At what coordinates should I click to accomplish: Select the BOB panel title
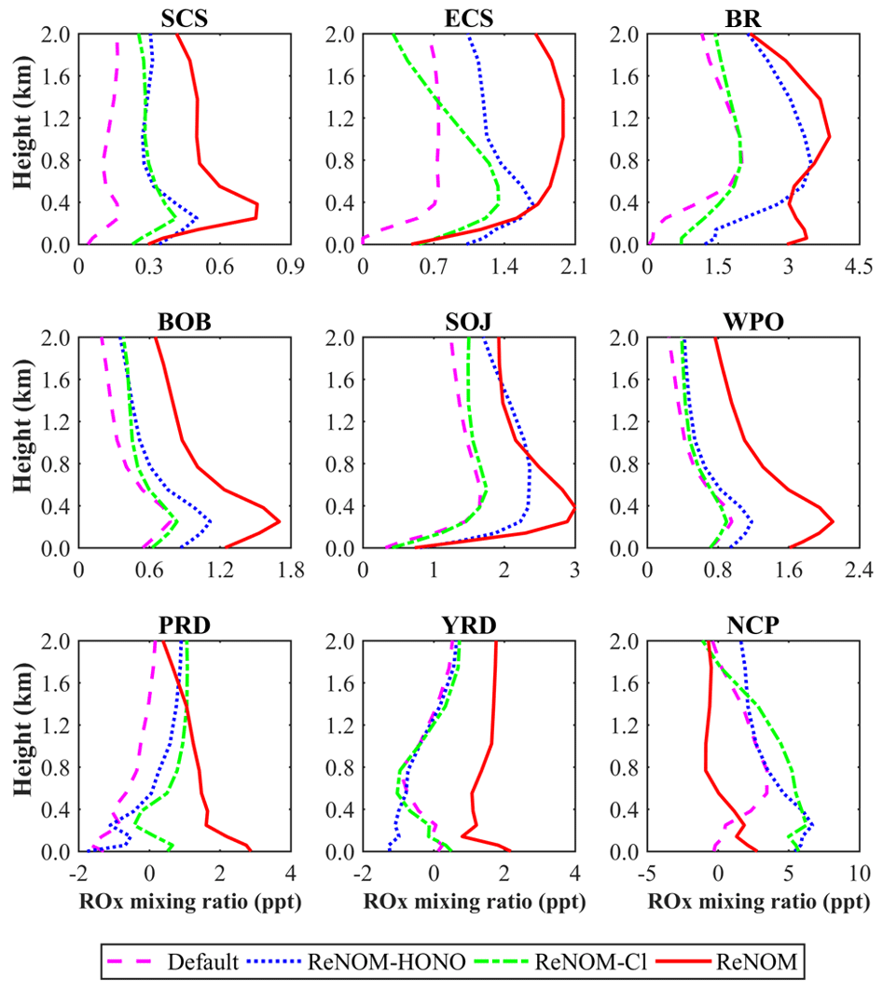point(184,320)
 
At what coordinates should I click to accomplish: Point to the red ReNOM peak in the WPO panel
point(832,522)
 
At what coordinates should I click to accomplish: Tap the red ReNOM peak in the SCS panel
point(256,211)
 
